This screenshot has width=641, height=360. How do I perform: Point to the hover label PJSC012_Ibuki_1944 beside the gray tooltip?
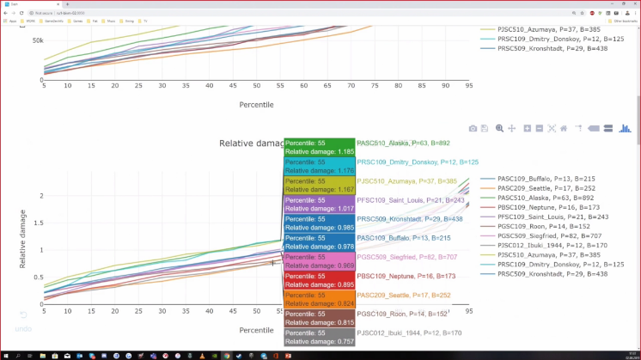click(x=409, y=333)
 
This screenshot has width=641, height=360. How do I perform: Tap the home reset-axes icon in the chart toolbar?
click(x=564, y=128)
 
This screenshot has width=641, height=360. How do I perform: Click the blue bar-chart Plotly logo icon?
click(x=626, y=128)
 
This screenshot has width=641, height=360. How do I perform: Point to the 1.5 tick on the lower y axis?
click(x=34, y=223)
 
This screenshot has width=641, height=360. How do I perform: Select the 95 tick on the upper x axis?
click(x=469, y=85)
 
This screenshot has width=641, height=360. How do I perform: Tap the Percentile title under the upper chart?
click(x=256, y=104)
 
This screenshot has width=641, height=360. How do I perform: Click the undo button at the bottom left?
click(x=23, y=321)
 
